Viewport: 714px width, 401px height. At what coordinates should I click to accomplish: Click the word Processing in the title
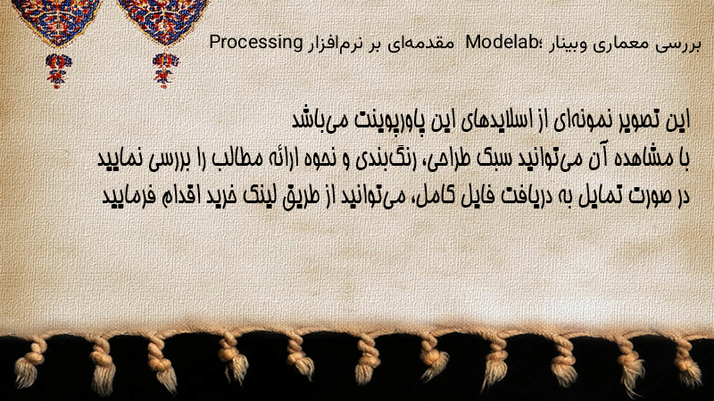tap(256, 43)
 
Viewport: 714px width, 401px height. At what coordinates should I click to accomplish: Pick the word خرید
tap(220, 196)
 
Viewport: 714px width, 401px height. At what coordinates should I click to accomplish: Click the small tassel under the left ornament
tap(58, 70)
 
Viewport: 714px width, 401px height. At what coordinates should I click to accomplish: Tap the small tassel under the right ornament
tap(165, 70)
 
